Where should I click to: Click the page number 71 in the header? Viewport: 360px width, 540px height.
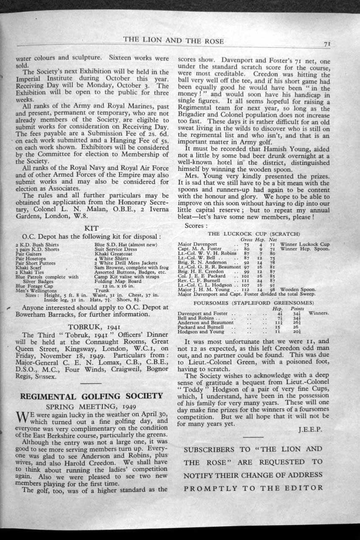327,43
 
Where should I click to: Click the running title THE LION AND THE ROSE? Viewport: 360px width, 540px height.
173,41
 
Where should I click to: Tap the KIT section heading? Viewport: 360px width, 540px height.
91,228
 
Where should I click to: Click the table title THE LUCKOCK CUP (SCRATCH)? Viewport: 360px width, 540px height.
253,233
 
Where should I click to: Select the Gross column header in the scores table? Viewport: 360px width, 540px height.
247,239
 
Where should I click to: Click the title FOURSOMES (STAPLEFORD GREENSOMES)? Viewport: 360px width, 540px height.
253,302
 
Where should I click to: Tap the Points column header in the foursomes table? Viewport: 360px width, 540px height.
298,308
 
